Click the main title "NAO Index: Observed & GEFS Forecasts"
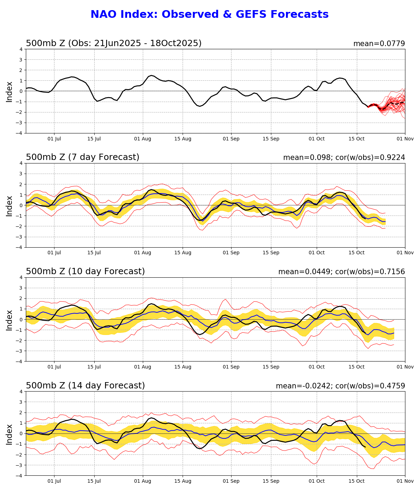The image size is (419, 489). pyautogui.click(x=209, y=14)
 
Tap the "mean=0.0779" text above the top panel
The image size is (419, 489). pyautogui.click(x=379, y=44)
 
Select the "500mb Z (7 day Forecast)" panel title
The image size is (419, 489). pyautogui.click(x=82, y=157)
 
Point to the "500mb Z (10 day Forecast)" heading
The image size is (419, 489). pyautogui.click(x=85, y=271)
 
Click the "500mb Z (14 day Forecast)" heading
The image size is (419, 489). pyautogui.click(x=85, y=386)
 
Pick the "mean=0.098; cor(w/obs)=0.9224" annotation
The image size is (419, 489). pyautogui.click(x=344, y=158)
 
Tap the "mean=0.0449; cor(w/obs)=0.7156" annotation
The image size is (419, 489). pyautogui.click(x=341, y=272)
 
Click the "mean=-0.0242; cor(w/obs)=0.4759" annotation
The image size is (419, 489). pyautogui.click(x=340, y=386)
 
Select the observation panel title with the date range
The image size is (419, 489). pyautogui.click(x=113, y=43)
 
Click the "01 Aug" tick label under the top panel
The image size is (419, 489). pyautogui.click(x=142, y=139)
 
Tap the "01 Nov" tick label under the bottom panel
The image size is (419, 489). pyautogui.click(x=405, y=481)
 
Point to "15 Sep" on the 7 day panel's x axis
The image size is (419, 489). pyautogui.click(x=271, y=253)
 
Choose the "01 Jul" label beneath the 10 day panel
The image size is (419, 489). pyautogui.click(x=54, y=367)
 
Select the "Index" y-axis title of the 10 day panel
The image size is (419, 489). pyautogui.click(x=9, y=319)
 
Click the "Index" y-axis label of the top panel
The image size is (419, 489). pyautogui.click(x=9, y=91)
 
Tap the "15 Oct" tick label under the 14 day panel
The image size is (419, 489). pyautogui.click(x=357, y=481)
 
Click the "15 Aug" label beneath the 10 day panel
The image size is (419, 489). pyautogui.click(x=183, y=367)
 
